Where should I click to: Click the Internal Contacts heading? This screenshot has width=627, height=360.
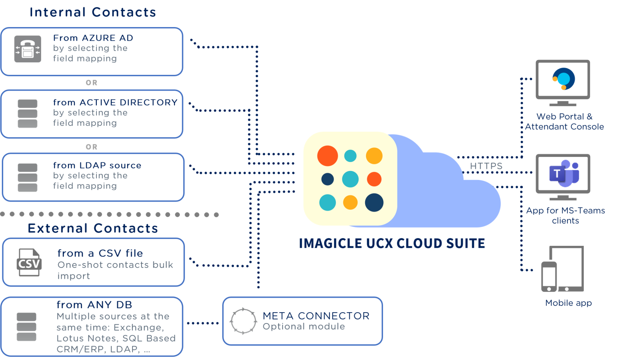(x=92, y=12)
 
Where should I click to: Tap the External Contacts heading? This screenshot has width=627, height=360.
(x=93, y=228)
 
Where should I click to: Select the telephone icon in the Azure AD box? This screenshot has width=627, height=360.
(x=27, y=49)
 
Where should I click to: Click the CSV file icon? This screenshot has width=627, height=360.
(x=29, y=262)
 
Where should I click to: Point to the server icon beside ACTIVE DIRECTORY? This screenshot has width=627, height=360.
(x=27, y=114)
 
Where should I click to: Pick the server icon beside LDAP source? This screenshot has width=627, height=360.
(x=27, y=177)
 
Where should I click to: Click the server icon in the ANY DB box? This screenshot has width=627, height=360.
(x=27, y=327)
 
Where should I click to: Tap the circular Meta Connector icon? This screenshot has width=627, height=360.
(x=243, y=321)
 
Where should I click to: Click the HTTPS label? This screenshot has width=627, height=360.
(x=486, y=166)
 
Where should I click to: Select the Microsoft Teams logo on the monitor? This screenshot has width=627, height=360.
(x=564, y=173)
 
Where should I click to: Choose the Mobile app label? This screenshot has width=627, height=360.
(x=568, y=303)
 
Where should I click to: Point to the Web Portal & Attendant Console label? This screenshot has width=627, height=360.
(x=564, y=122)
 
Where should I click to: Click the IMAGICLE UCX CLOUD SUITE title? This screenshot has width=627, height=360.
(x=392, y=244)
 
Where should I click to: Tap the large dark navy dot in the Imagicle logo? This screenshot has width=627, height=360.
(x=374, y=202)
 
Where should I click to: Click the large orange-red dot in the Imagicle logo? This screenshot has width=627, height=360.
(x=328, y=156)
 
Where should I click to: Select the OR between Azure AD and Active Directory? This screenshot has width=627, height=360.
(x=92, y=83)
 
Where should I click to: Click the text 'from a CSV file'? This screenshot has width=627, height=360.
(x=100, y=253)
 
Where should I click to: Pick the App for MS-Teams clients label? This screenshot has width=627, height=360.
(x=565, y=216)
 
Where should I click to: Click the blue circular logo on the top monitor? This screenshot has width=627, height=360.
(x=564, y=79)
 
